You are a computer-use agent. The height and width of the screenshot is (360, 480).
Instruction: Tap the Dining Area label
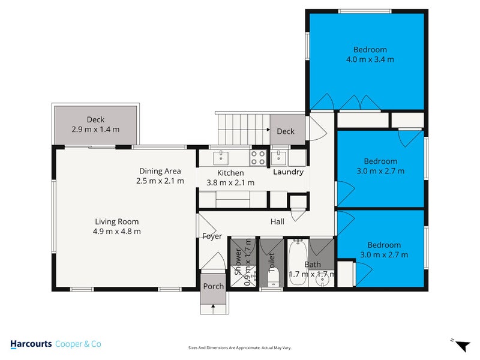(160, 171)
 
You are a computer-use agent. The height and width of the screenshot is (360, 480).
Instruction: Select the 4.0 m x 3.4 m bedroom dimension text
(370, 59)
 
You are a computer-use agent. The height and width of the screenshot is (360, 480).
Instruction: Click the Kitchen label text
(230, 173)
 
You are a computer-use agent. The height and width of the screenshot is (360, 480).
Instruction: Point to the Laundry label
(289, 172)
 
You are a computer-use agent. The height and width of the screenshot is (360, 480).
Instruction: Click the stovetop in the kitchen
(258, 158)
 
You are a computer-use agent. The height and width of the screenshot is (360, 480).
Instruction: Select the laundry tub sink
(278, 158)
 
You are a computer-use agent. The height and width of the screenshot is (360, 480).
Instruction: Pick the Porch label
(213, 286)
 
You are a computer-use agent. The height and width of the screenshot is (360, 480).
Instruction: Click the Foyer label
(212, 236)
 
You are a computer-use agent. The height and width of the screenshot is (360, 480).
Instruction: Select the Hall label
(277, 222)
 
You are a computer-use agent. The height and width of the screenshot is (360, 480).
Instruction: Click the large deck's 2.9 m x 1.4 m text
(95, 129)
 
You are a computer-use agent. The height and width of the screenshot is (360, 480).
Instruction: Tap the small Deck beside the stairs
(286, 131)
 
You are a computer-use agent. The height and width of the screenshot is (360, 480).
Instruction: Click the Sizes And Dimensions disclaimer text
(240, 347)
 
